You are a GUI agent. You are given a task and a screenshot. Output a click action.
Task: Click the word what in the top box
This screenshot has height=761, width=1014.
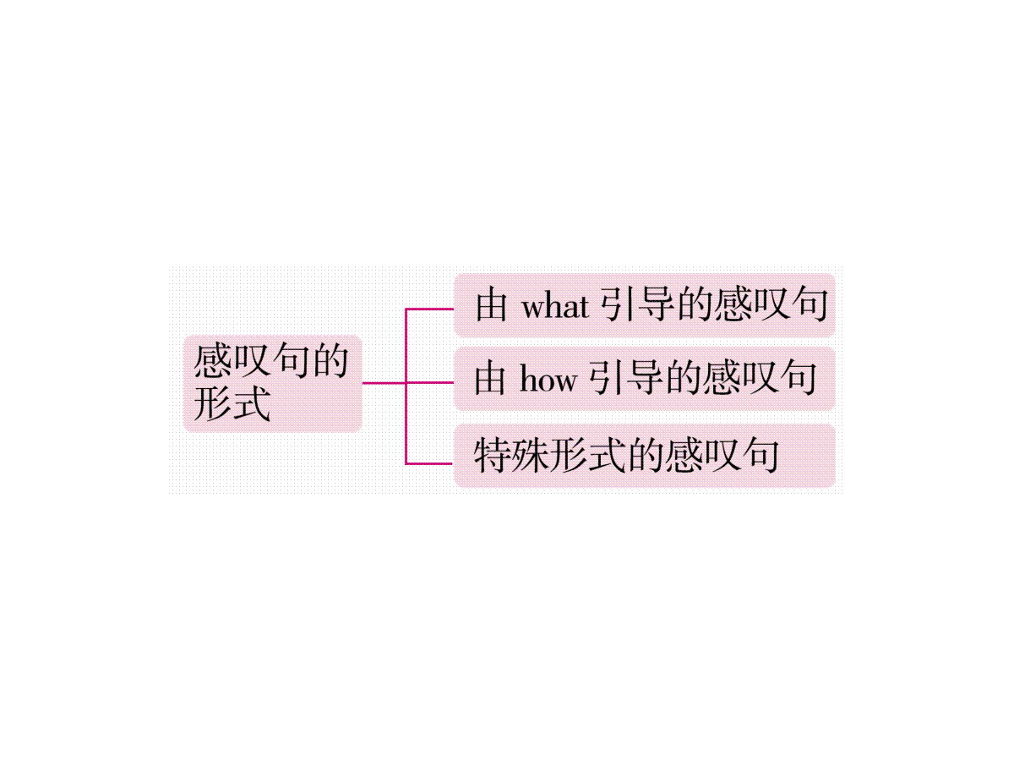coord(555,306)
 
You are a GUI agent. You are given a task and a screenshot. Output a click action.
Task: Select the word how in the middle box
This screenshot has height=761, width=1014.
coord(548,380)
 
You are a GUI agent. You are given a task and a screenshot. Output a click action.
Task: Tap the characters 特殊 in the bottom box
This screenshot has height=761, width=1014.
coord(512,455)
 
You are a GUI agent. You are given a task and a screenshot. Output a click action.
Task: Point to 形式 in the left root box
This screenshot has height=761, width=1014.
coord(232,403)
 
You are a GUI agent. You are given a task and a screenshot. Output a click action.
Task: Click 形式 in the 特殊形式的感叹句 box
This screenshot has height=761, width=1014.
coord(588,455)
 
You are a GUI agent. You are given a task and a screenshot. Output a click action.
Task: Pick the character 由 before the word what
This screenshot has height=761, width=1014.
coord(491,305)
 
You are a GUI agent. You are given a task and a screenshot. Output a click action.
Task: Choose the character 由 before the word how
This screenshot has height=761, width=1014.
coord(489,379)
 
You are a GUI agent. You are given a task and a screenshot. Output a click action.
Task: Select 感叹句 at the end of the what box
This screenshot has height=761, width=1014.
coord(771,305)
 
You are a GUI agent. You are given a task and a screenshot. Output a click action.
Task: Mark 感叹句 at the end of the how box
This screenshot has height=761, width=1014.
coord(760,379)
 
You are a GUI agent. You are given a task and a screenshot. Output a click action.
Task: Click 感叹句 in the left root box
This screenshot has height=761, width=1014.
coord(251,360)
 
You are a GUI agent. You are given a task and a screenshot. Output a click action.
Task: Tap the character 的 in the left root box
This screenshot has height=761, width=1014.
coord(330,360)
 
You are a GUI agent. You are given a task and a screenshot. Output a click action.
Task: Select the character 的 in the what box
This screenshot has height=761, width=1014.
coord(695,305)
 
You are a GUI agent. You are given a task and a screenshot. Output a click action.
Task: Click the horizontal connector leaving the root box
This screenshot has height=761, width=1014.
coord(384,382)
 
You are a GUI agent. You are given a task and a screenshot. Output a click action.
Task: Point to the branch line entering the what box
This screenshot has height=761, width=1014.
coord(429,309)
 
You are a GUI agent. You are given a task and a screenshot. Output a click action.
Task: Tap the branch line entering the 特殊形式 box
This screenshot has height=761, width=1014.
coord(429,463)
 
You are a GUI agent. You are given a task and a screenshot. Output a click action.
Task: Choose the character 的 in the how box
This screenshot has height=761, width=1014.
coord(684,379)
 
